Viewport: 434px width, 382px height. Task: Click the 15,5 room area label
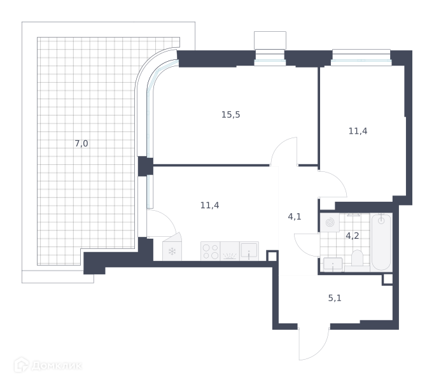230,115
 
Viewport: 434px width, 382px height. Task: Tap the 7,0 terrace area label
81,143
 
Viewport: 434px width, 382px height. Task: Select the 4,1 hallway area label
295,216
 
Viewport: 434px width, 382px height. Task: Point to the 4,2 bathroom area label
353,236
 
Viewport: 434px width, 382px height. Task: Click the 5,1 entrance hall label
335,298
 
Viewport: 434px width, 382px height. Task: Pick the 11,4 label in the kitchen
209,205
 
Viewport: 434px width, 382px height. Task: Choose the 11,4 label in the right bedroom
358,131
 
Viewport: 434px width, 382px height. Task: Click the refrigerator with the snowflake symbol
172,247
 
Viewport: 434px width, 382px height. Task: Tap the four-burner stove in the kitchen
211,251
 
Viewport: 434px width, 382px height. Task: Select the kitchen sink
249,251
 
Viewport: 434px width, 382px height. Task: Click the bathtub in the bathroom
381,242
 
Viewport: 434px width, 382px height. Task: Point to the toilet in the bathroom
357,258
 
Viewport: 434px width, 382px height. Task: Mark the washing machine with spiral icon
330,222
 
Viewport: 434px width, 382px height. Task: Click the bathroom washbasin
333,264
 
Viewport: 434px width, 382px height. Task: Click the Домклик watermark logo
48,365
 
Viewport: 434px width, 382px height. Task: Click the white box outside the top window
270,41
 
